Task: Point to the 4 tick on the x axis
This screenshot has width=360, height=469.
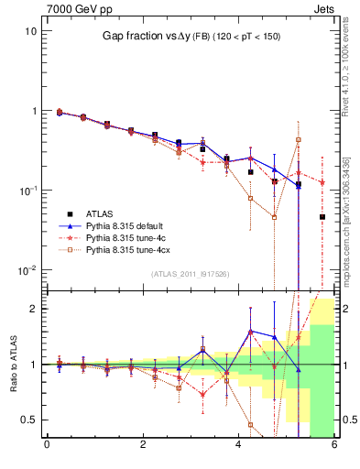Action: point(239,446)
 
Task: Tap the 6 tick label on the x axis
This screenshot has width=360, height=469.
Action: point(334,446)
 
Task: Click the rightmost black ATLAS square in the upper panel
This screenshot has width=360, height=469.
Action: point(322,217)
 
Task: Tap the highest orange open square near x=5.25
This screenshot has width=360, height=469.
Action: point(299,140)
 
